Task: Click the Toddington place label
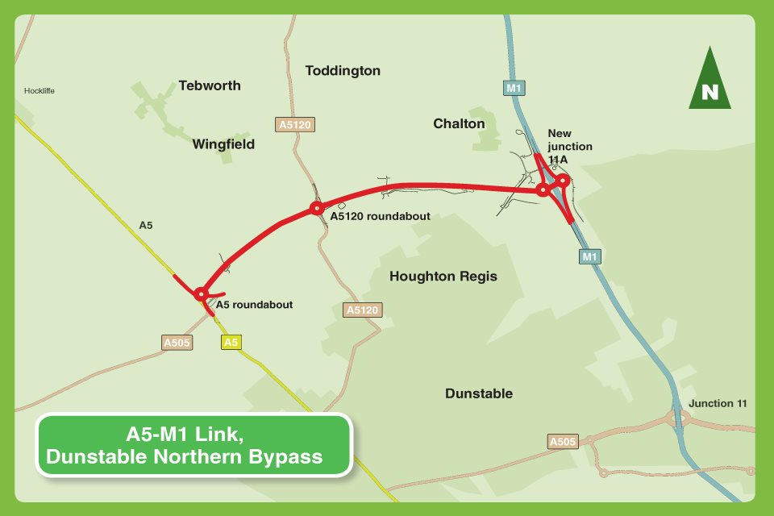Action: (343, 71)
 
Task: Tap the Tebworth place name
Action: (210, 85)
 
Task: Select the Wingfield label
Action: (223, 144)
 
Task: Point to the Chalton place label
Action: (459, 123)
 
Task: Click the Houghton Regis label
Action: (443, 277)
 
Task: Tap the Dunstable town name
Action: (479, 393)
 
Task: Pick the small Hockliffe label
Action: (40, 91)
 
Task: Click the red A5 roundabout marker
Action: (201, 293)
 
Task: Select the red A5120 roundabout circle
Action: (316, 209)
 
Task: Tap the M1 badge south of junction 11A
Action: (590, 256)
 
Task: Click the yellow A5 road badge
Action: (231, 343)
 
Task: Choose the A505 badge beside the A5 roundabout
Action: (177, 343)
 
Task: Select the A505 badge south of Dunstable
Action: (562, 442)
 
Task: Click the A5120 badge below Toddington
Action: (294, 124)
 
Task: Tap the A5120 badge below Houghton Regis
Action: (362, 310)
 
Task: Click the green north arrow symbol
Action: (709, 81)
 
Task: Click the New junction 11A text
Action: (569, 147)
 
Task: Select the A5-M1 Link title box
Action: (194, 445)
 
